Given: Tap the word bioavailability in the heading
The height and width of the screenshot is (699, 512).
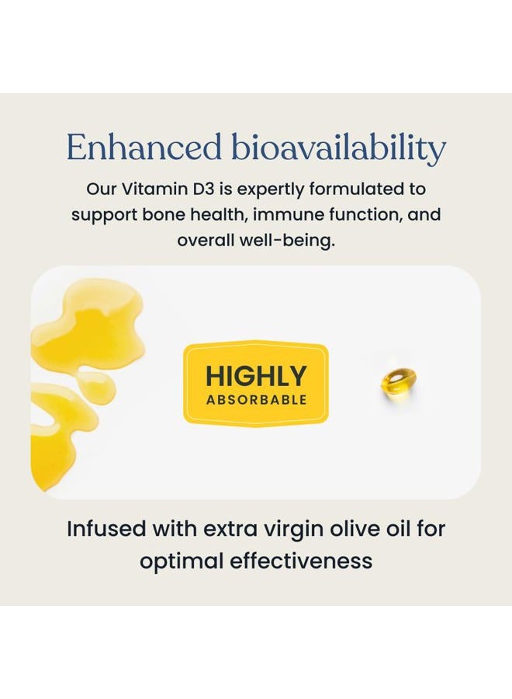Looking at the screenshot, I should point(339,148).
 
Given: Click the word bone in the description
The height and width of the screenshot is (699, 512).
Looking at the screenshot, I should point(165,214).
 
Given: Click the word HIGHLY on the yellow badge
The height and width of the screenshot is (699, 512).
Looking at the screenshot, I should point(256,377).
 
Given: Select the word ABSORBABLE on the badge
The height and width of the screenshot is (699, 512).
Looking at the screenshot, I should point(256,400).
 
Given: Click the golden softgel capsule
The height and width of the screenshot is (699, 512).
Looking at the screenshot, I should point(399,384).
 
